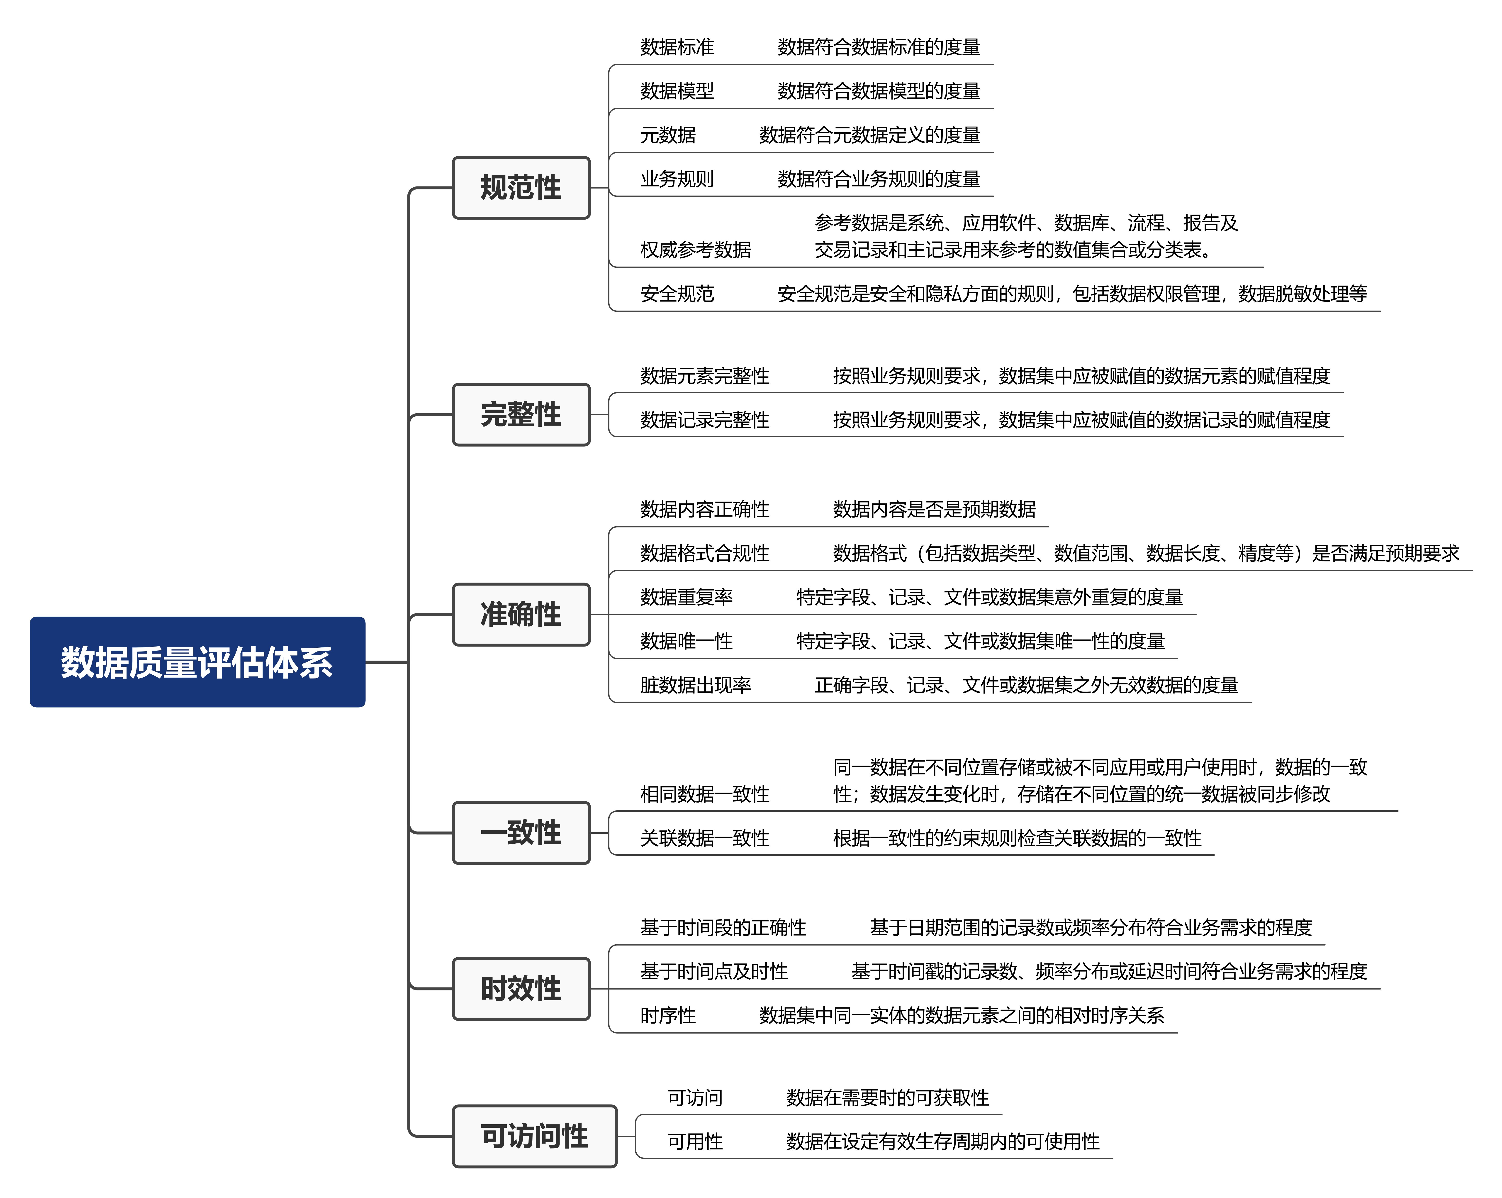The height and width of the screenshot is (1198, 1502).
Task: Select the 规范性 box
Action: pos(521,187)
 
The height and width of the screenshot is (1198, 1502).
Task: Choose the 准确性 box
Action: pos(521,614)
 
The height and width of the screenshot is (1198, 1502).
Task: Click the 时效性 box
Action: pos(521,988)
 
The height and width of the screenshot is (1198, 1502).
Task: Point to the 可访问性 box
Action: pos(534,1136)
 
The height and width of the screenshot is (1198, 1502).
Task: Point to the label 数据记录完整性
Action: pos(704,419)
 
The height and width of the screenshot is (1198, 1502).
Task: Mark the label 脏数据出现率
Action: pos(695,685)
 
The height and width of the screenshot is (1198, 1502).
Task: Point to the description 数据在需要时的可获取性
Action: pos(888,1098)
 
